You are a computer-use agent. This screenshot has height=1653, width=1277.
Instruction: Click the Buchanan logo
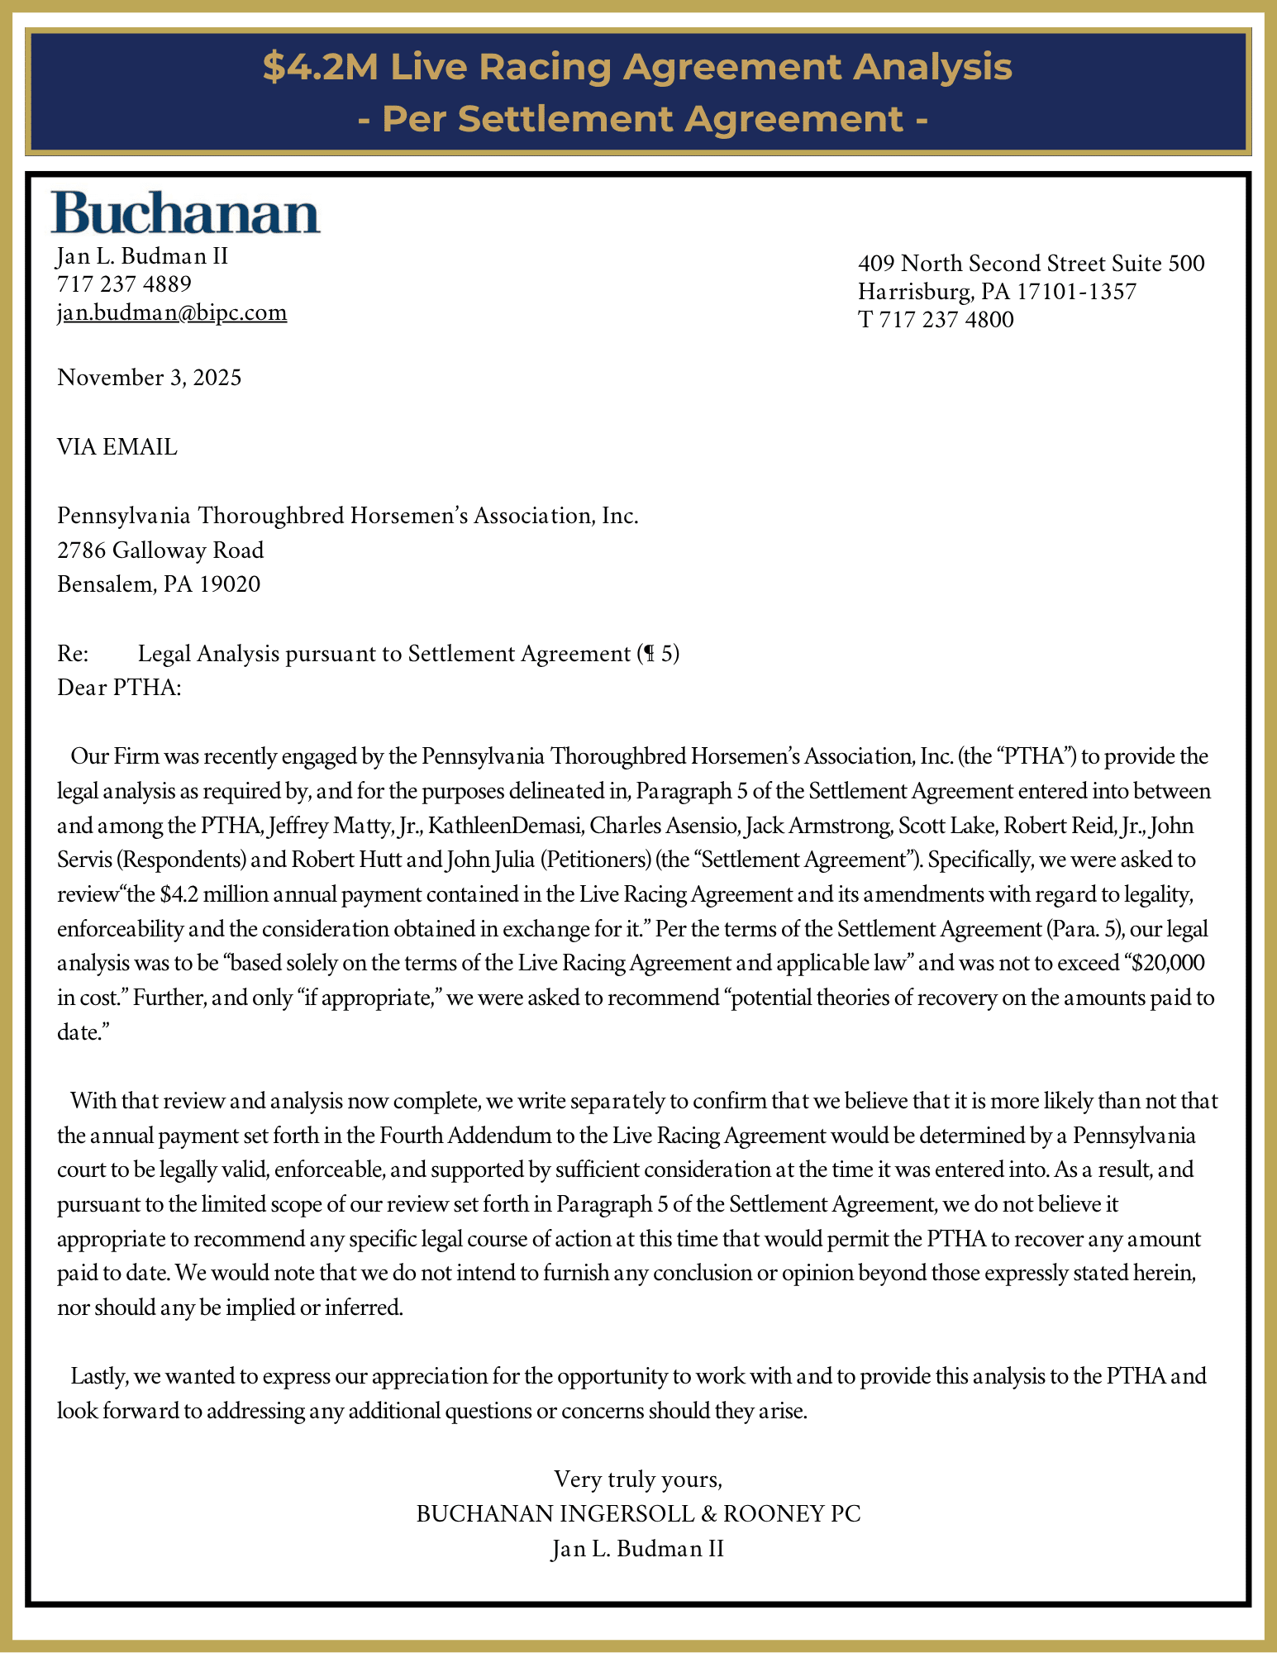(x=186, y=213)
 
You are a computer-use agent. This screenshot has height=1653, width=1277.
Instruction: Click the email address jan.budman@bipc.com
(x=172, y=312)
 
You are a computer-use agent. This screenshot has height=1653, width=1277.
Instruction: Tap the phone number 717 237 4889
(x=124, y=284)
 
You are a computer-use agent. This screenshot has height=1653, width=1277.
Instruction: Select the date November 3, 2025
(x=150, y=378)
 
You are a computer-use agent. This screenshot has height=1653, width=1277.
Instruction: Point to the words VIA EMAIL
(x=117, y=447)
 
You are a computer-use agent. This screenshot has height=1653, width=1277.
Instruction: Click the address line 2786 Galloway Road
(x=160, y=550)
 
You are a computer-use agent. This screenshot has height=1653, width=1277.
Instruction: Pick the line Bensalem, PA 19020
(x=159, y=584)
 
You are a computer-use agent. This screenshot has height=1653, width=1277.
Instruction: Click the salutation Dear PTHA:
(x=119, y=688)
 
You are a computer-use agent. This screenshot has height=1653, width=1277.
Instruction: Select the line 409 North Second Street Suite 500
(x=1031, y=264)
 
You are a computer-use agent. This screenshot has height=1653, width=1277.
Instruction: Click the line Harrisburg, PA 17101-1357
(x=997, y=292)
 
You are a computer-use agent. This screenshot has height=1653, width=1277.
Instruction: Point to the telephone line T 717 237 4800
(x=936, y=319)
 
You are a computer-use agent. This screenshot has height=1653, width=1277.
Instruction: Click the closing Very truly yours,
(x=638, y=1479)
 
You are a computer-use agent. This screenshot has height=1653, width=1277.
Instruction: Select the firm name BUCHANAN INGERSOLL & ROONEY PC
(x=638, y=1513)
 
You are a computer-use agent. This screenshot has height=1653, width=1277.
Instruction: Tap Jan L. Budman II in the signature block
(x=638, y=1548)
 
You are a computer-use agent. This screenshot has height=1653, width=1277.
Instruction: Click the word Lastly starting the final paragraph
(x=98, y=1376)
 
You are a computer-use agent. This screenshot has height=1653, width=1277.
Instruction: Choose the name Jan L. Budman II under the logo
(x=142, y=256)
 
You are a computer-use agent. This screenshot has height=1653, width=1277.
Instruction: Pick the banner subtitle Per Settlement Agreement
(x=643, y=119)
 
